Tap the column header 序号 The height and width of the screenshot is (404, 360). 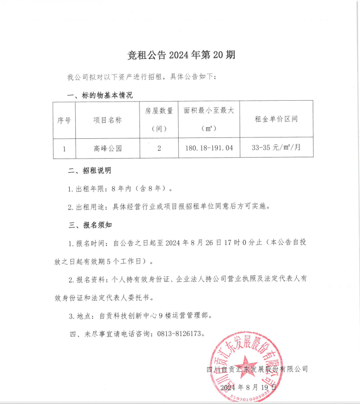[64, 120]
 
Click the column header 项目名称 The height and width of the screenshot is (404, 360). [107, 120]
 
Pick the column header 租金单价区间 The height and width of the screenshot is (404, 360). [276, 119]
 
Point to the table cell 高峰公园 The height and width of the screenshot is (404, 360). [107, 149]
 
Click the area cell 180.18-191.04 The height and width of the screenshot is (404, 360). [209, 148]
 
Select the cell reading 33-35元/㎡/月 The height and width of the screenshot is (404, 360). [276, 148]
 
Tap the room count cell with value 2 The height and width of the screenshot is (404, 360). [159, 149]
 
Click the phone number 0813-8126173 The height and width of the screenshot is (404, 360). [180, 334]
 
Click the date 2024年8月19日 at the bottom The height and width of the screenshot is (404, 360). [248, 388]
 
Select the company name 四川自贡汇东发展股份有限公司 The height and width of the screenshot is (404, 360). [257, 369]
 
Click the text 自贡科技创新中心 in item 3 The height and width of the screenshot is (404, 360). [128, 316]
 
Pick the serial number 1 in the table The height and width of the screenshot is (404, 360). [64, 149]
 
